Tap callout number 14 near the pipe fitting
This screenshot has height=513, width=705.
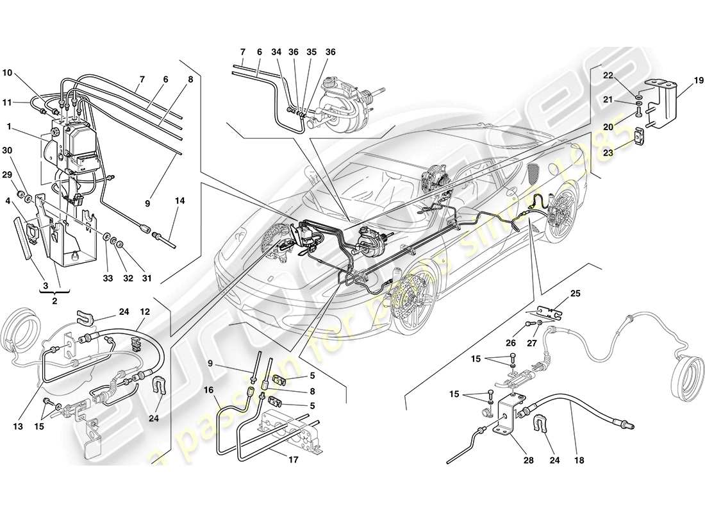click(x=179, y=201)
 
